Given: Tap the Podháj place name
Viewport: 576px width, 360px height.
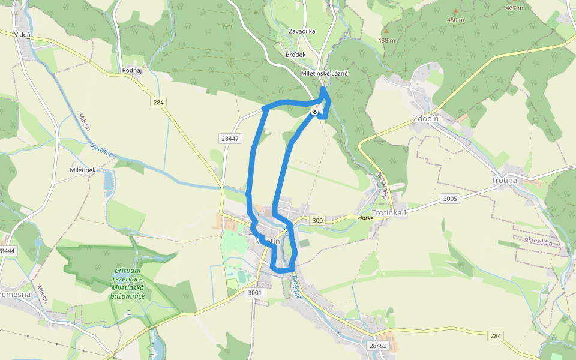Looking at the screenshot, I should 131,70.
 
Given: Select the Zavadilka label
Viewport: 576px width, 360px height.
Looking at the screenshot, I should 302,31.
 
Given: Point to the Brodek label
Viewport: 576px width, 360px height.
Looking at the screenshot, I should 296,55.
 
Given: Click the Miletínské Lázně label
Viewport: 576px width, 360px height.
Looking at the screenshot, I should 325,73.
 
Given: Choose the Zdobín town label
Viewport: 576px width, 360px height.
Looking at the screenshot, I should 426,118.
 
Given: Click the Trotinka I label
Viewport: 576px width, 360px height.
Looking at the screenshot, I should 389,213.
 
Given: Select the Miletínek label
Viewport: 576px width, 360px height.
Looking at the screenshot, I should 83,170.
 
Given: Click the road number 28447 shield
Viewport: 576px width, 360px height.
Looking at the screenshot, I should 230,139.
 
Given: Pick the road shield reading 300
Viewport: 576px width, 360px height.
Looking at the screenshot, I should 317,221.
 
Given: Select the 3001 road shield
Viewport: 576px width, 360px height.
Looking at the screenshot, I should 255,293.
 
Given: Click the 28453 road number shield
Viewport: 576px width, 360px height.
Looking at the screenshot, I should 379,346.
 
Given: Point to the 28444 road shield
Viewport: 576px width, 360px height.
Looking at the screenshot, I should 6,250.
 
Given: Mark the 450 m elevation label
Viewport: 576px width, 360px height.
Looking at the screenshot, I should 455,20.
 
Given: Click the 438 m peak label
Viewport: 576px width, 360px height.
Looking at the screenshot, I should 386,40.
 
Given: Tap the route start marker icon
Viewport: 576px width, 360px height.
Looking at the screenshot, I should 314,112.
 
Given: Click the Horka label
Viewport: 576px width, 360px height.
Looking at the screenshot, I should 365,218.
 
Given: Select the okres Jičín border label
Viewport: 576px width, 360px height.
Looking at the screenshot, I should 537,242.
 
